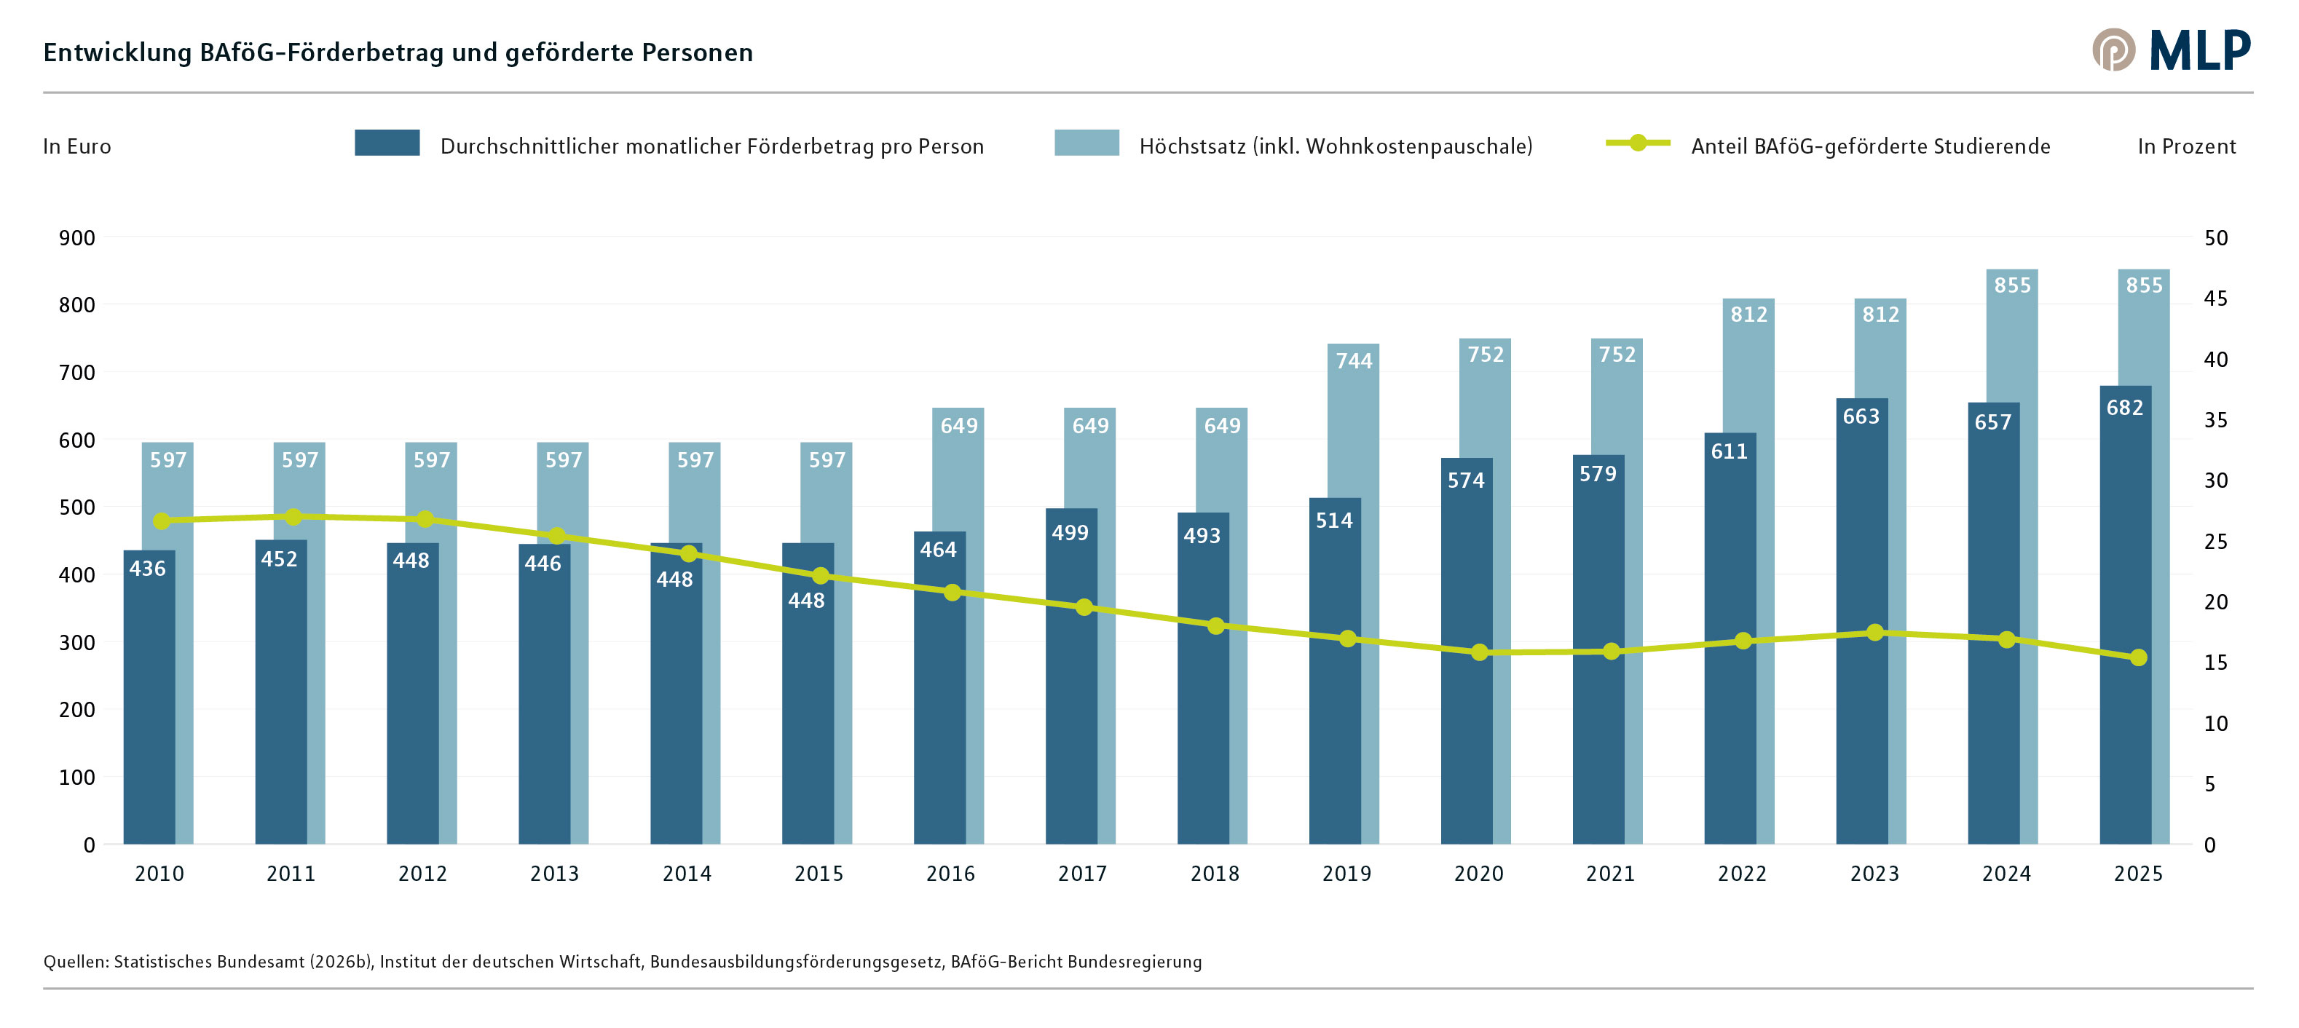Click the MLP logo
(2171, 50)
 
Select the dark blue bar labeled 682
(2125, 615)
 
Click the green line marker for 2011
(293, 517)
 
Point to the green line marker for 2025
(2138, 657)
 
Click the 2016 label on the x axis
(950, 874)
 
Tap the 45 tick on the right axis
(2215, 299)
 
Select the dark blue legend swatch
(387, 143)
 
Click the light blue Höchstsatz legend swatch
(1086, 143)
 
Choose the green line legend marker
(1638, 143)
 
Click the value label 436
(147, 569)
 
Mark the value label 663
(1861, 416)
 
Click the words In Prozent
(2187, 146)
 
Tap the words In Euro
(76, 146)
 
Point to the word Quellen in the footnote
(76, 962)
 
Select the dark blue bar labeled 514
(1335, 671)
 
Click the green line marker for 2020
(1480, 652)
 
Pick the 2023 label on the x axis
(1874, 874)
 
